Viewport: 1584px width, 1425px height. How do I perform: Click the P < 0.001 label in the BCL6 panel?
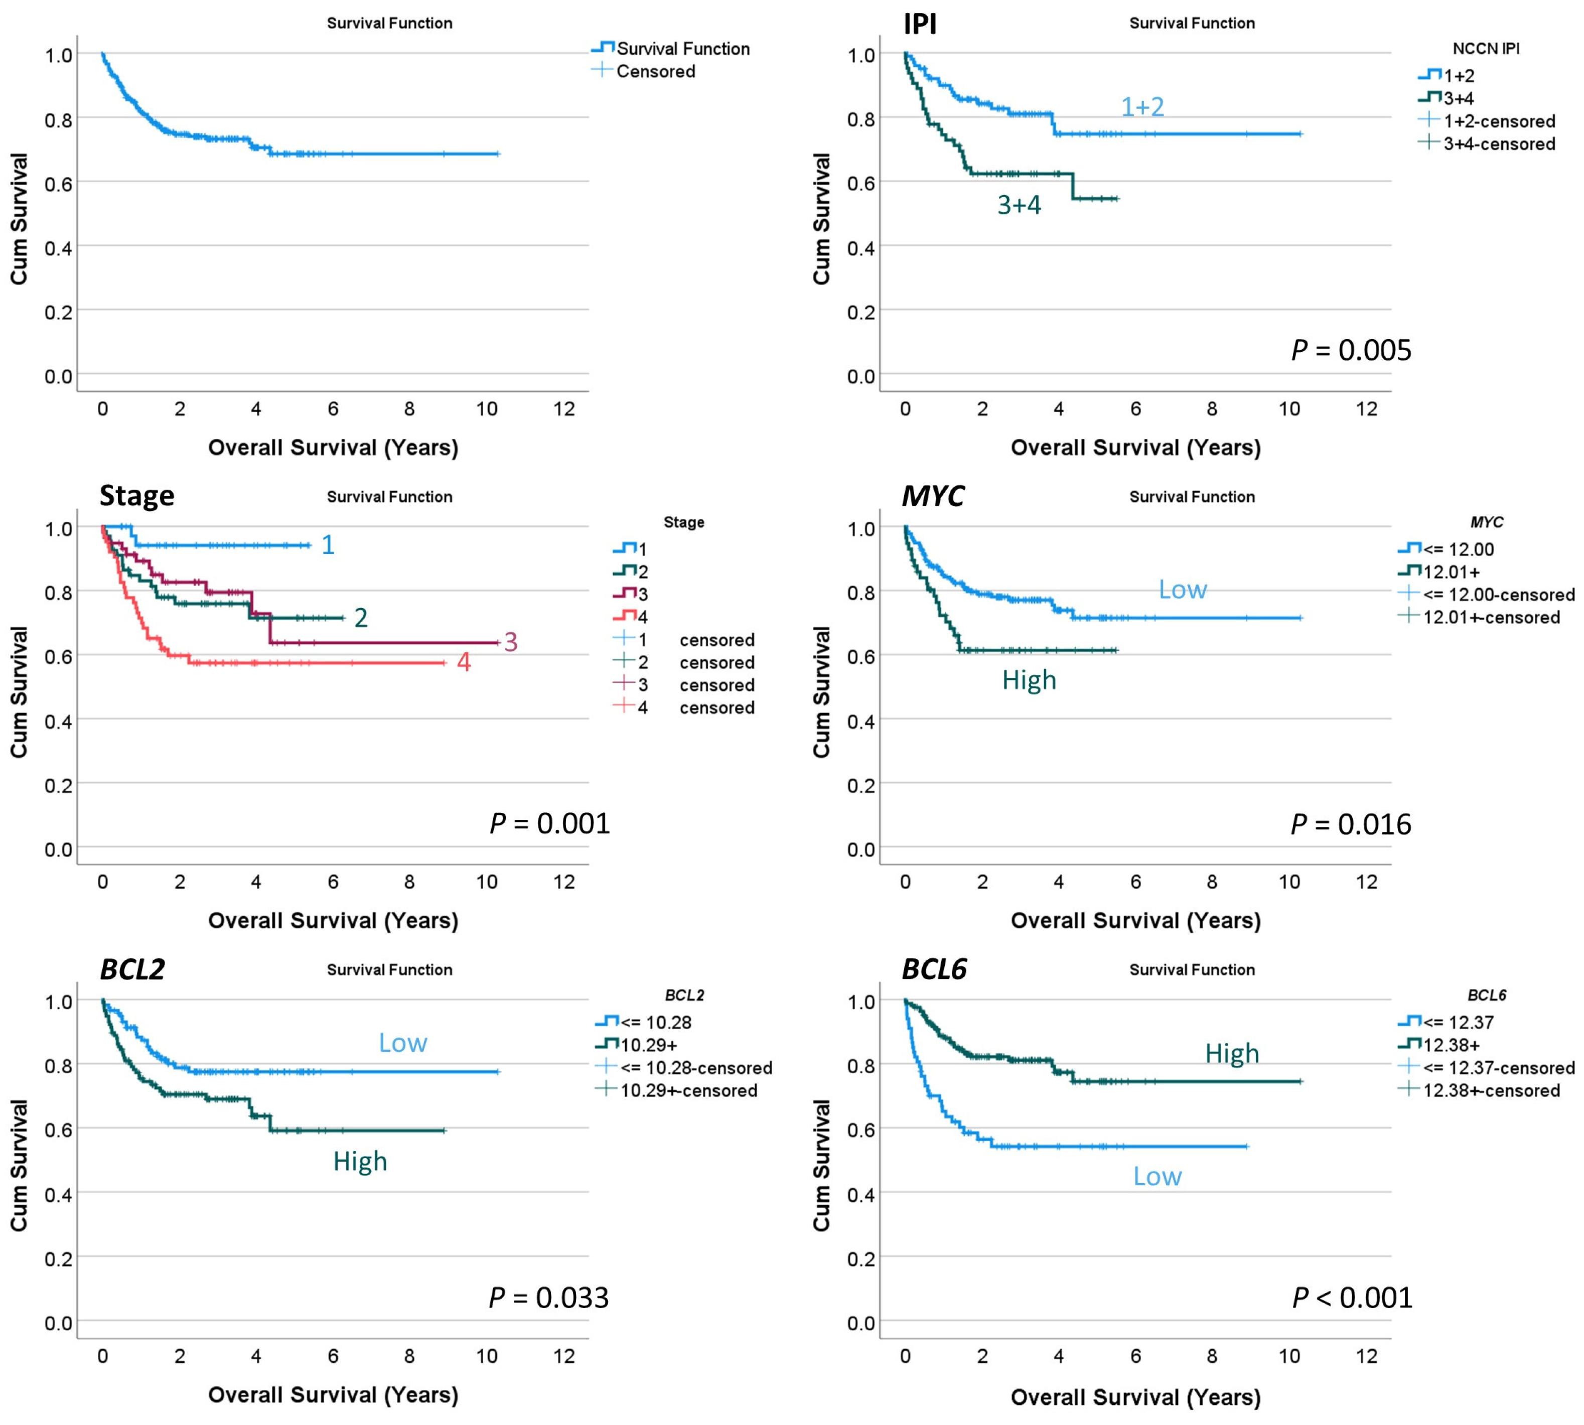1352,1298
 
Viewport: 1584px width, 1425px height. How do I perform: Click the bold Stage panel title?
136,496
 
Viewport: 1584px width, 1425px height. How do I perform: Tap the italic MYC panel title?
933,496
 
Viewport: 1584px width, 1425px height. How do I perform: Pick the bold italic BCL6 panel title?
934,969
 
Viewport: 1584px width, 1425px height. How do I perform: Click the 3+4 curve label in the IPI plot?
1019,205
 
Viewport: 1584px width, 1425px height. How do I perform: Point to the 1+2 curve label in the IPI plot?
1142,106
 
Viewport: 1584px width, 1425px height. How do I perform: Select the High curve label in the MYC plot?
1029,679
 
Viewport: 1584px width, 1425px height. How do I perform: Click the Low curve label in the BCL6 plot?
1157,1176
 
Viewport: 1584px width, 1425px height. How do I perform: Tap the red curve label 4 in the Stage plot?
464,662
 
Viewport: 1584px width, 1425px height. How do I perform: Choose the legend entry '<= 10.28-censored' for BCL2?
695,1068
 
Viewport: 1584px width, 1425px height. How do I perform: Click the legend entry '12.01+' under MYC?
1451,572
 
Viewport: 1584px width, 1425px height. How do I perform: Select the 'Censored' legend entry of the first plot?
655,71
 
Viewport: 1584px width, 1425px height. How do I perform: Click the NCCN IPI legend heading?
1485,49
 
